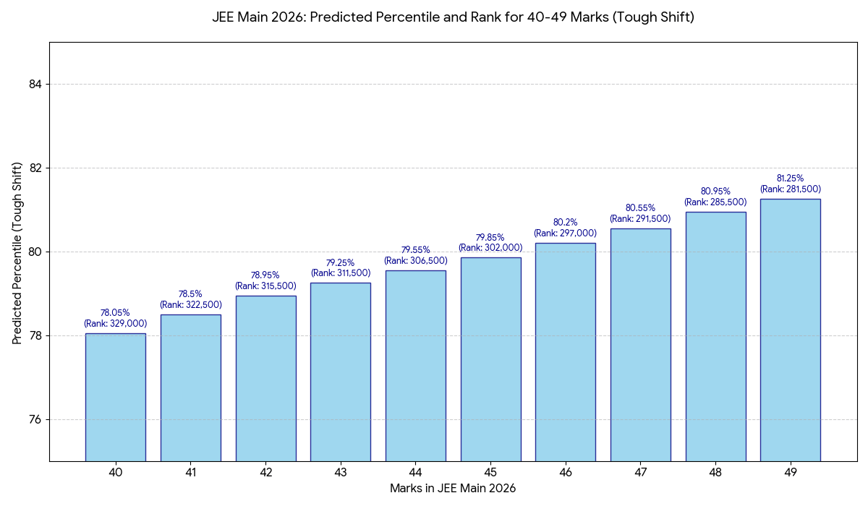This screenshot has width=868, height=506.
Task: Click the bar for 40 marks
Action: [116, 397]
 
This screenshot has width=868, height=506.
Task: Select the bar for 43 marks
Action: [341, 372]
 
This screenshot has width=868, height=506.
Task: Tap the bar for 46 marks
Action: [566, 352]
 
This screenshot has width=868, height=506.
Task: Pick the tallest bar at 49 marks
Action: [791, 330]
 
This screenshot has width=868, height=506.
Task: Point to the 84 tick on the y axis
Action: [35, 85]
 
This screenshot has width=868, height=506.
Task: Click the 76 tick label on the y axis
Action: [35, 420]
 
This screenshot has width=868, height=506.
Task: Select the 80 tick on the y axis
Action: [35, 252]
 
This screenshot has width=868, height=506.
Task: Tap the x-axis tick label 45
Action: [490, 473]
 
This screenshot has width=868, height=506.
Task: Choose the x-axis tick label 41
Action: [191, 473]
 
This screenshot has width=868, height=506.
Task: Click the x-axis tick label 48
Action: [715, 473]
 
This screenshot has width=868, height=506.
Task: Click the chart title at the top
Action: [453, 17]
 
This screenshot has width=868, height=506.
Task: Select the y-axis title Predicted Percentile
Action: [17, 252]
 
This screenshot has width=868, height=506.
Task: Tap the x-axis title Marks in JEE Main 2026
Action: [453, 489]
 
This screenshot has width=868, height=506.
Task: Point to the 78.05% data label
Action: [116, 313]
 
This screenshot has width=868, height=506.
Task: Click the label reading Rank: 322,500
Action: [191, 305]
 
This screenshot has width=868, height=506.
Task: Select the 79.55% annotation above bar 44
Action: [416, 250]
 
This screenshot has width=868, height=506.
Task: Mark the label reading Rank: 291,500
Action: [641, 218]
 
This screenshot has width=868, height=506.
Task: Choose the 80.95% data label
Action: [715, 192]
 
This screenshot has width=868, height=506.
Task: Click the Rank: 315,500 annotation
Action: [265, 286]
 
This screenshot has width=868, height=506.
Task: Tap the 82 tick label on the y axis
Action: [35, 168]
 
